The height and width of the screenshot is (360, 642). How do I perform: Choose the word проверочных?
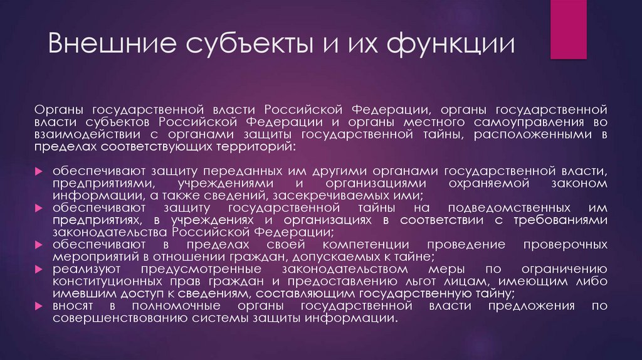(x=566, y=244)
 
